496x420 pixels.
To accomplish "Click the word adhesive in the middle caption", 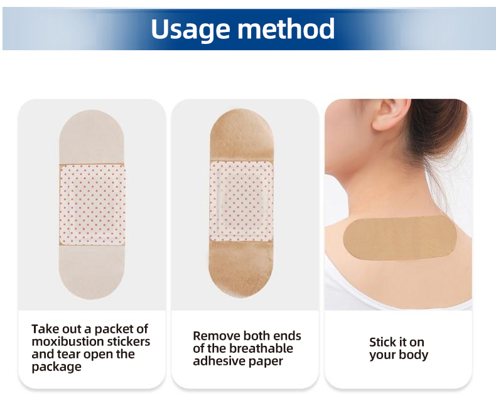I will (218, 362).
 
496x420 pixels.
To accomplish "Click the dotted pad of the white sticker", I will (92, 204).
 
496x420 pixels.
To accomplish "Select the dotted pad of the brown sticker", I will (241, 202).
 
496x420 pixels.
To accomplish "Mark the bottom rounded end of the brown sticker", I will (241, 270).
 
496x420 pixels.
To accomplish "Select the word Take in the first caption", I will (45, 329).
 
